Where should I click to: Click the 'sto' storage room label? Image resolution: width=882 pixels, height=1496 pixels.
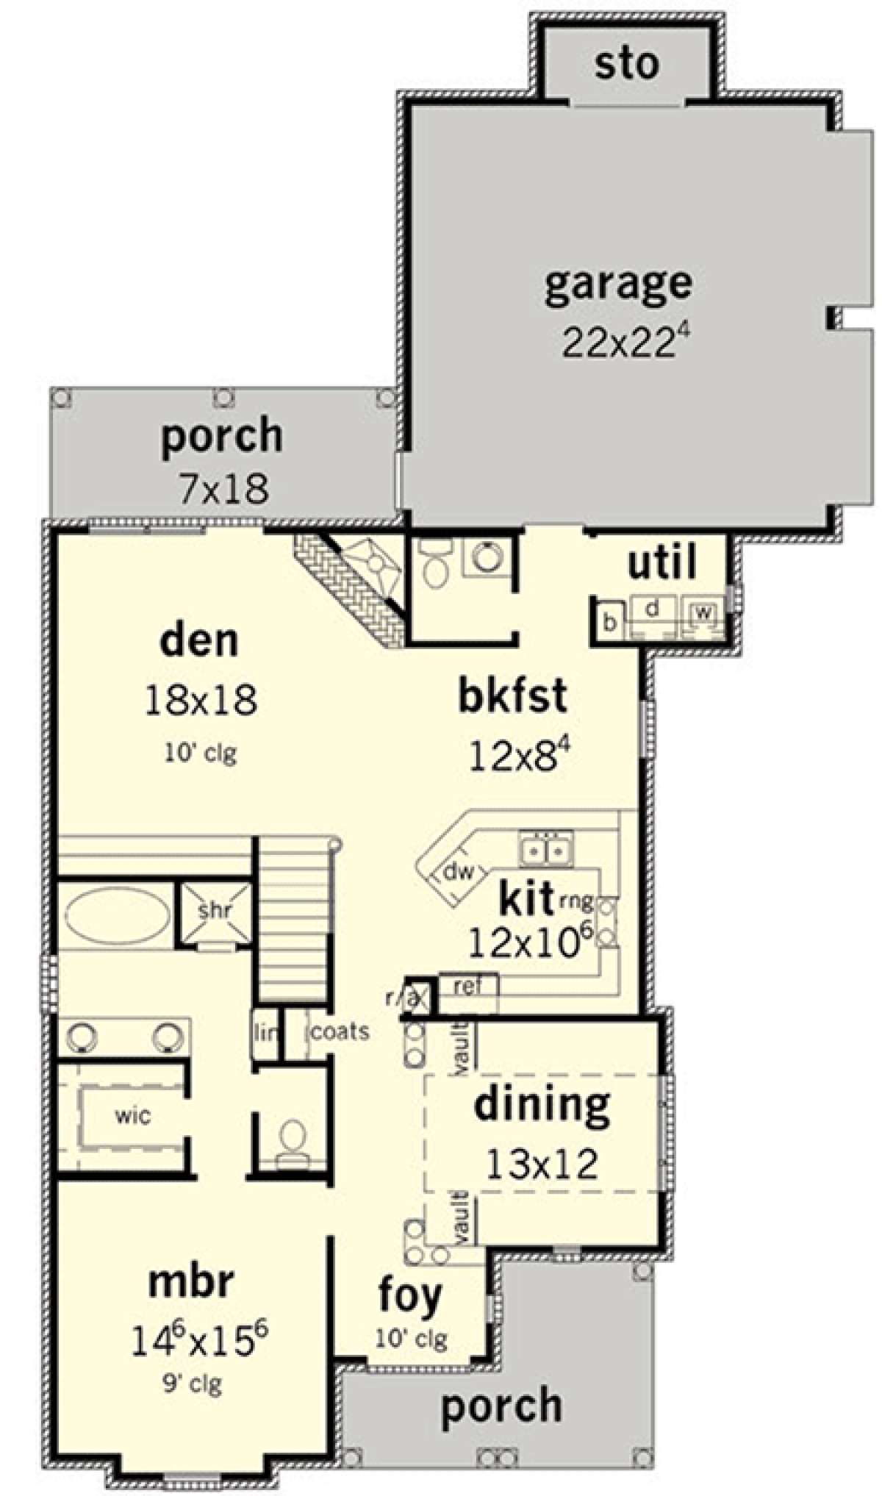click(627, 64)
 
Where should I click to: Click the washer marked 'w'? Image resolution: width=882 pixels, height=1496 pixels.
click(701, 612)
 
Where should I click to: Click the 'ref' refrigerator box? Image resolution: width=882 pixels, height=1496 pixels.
click(468, 987)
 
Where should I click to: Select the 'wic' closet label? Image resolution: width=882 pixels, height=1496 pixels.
click(133, 1116)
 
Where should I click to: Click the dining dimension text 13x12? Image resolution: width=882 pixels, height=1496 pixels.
click(542, 1164)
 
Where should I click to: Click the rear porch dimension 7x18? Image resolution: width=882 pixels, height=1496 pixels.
click(223, 487)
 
